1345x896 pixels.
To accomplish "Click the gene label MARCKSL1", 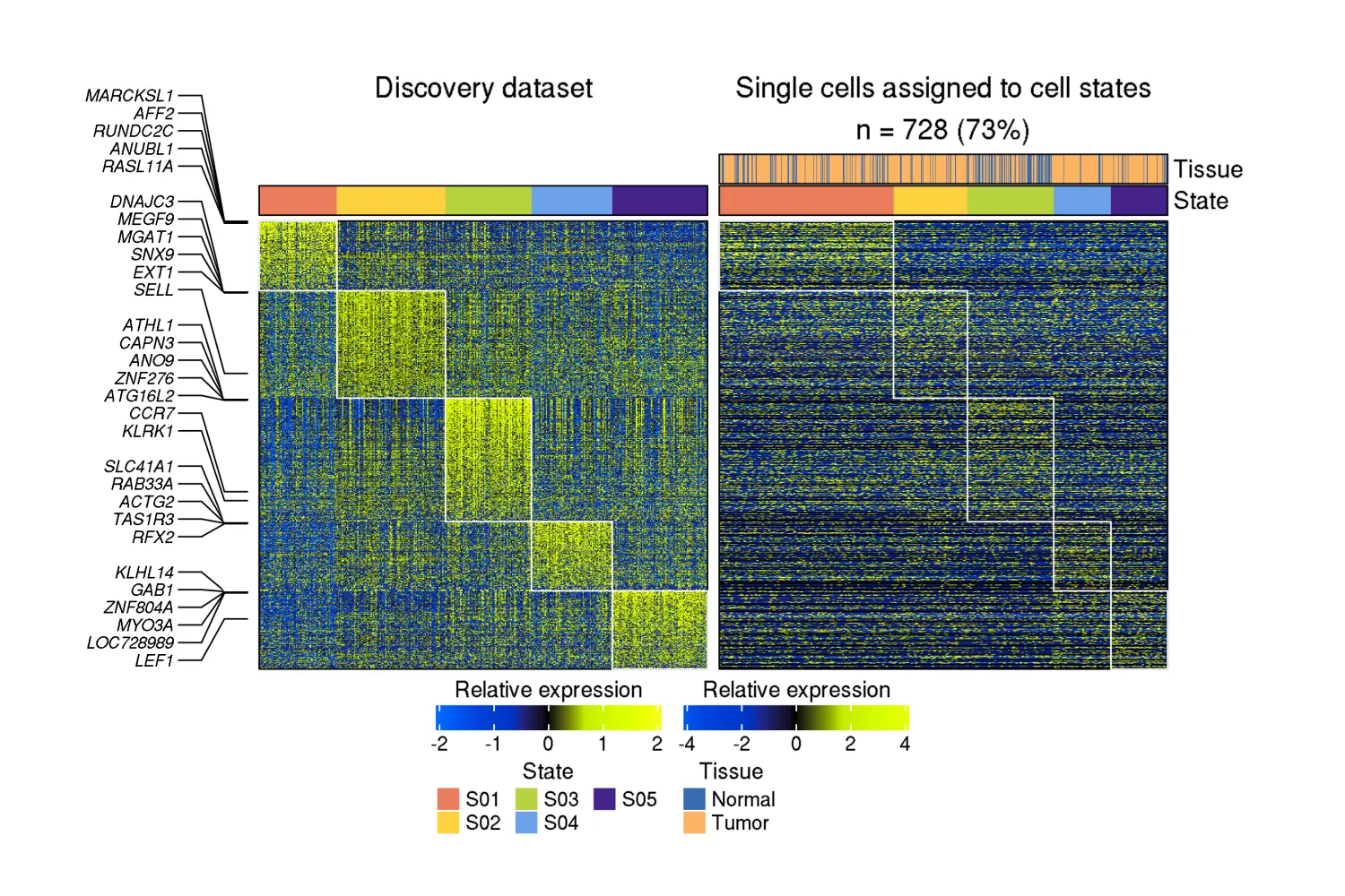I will [x=129, y=96].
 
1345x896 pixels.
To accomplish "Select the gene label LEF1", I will [x=153, y=660].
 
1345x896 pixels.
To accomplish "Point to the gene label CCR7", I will [x=152, y=413].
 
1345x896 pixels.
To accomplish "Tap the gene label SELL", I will [x=153, y=289].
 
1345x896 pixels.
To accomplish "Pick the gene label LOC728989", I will [x=130, y=642].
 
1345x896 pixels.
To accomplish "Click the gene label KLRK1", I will [x=147, y=431].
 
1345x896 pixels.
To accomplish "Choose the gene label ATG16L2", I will [x=139, y=396].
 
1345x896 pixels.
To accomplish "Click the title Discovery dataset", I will [x=483, y=88].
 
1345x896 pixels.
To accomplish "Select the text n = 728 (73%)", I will [x=942, y=131].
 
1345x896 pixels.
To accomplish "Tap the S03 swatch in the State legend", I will [x=526, y=799].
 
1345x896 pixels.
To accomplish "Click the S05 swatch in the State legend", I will [x=604, y=799].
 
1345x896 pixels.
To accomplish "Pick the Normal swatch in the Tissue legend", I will [x=694, y=799].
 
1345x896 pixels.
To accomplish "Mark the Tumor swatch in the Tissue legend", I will [x=694, y=823].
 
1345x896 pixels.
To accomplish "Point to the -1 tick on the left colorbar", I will [x=493, y=744].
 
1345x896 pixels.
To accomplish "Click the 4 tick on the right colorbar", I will [x=905, y=744].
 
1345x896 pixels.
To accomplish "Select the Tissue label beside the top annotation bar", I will [x=1208, y=169].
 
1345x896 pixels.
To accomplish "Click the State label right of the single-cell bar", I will [x=1201, y=201].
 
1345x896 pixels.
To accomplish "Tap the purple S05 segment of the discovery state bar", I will [x=660, y=201].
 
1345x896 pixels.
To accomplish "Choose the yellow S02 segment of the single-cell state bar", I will [x=930, y=201].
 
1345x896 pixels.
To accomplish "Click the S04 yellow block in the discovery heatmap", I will [x=572, y=556].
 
